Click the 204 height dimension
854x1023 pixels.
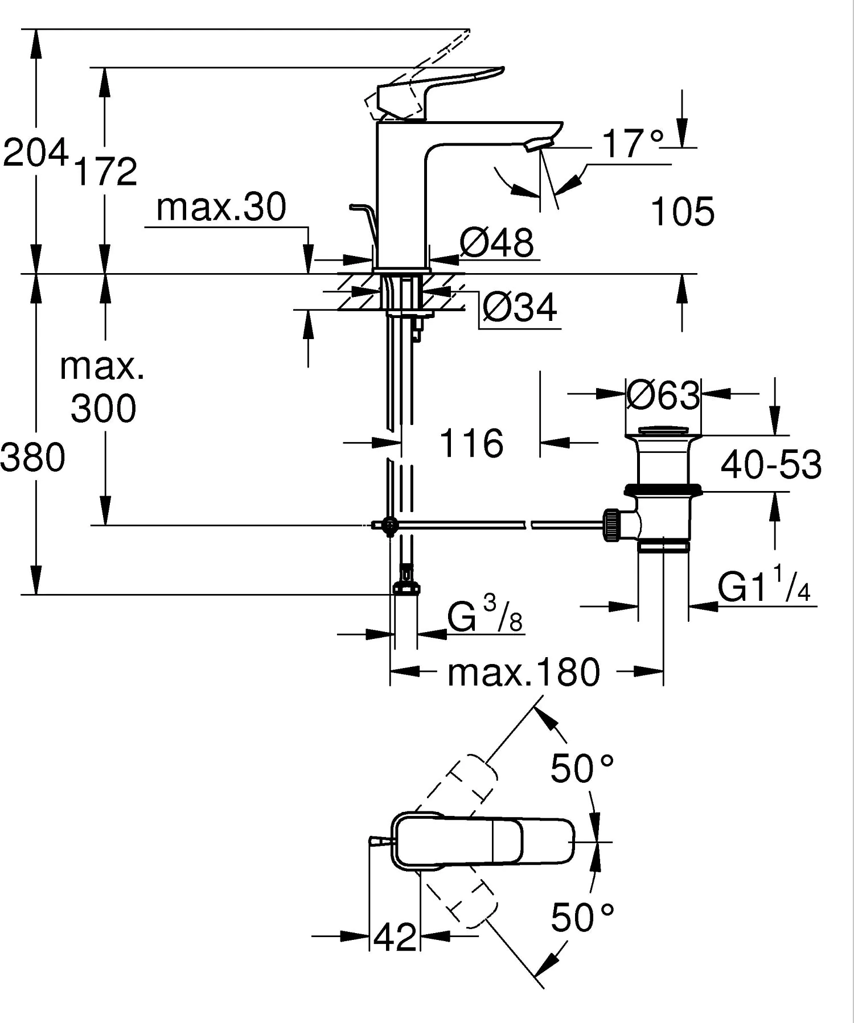pos(35,152)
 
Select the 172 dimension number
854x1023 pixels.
pos(106,171)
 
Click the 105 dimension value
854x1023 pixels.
pos(682,212)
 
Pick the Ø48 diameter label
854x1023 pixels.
pos(496,243)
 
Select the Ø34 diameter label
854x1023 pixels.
pos(519,308)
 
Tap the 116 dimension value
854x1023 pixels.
pos(471,444)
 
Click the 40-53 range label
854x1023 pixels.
pos(771,464)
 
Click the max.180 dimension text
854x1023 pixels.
pos(523,673)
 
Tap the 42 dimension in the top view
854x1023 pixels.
pos(396,937)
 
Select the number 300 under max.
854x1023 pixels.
pos(104,409)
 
